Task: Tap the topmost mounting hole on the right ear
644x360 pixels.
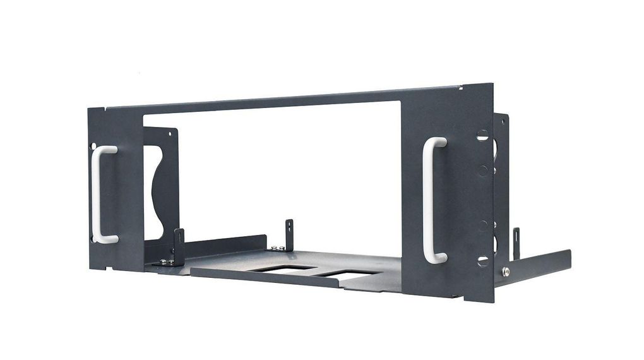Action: (x=482, y=135)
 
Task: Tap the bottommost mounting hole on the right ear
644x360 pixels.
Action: (x=483, y=260)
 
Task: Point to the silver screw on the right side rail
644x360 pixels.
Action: (x=506, y=272)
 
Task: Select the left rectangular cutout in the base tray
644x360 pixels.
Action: (x=281, y=268)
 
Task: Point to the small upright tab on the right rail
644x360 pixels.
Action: (x=516, y=243)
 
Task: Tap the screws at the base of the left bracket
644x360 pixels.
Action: (x=167, y=261)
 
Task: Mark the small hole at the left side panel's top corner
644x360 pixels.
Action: (x=170, y=133)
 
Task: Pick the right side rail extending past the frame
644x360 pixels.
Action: (x=537, y=266)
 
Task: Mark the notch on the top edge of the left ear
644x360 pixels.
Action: (x=102, y=109)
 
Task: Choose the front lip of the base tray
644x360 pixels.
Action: (x=265, y=278)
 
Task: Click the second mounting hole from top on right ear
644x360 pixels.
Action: (x=483, y=169)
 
